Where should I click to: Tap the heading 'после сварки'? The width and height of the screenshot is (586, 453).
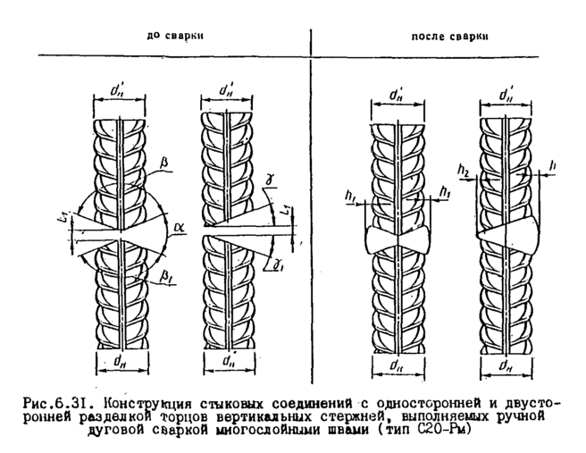[x=445, y=37]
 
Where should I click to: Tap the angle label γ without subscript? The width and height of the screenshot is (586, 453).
[x=269, y=179]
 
